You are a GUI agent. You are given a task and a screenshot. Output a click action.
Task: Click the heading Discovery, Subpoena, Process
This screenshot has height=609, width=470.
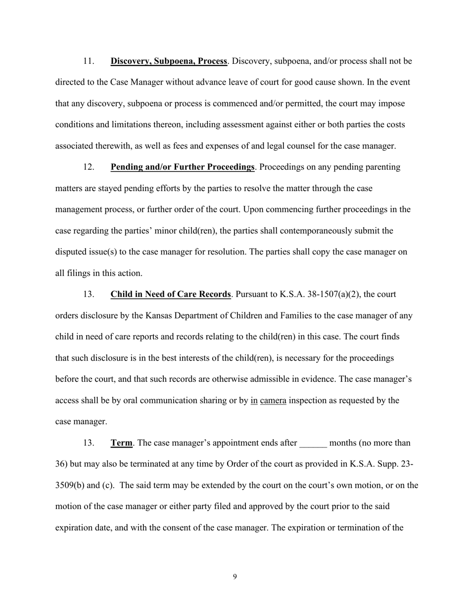point(169,61)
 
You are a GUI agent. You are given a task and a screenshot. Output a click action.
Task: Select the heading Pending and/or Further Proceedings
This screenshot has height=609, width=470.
point(182,167)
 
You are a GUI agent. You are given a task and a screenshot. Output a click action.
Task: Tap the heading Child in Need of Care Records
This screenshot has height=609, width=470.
point(170,295)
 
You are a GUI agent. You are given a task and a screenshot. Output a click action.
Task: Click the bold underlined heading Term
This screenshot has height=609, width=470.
point(121,443)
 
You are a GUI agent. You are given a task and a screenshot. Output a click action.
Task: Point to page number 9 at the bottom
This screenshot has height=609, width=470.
point(235,576)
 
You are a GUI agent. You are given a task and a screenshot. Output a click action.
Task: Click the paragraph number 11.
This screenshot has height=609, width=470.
point(89,61)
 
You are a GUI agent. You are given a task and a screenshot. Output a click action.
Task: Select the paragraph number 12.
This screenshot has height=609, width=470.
point(89,167)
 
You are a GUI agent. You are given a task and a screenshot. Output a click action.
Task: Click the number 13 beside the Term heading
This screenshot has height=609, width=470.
point(89,443)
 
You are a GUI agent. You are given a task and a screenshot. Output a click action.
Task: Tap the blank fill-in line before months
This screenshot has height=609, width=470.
point(313,443)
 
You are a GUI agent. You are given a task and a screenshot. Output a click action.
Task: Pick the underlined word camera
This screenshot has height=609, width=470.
point(273,401)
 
